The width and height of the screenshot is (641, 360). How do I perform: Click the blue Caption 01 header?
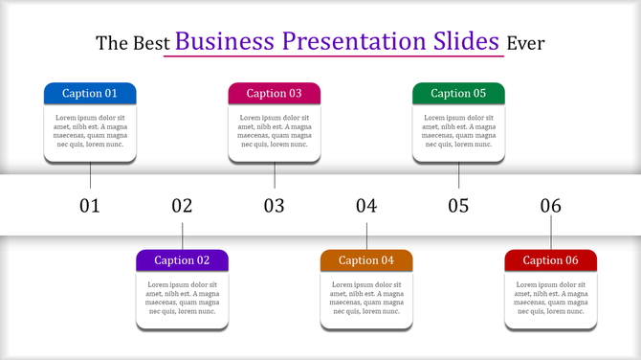[x=90, y=93]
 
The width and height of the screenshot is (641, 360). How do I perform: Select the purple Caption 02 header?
[x=182, y=259]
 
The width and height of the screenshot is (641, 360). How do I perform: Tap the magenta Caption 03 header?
[x=274, y=93]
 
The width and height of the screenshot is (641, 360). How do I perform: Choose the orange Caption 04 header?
[x=366, y=259]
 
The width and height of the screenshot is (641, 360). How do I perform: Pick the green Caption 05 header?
[x=458, y=93]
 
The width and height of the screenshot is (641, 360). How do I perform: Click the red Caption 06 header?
[x=550, y=259]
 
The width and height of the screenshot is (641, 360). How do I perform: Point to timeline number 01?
[x=90, y=205]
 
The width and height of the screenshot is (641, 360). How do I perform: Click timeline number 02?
[x=182, y=205]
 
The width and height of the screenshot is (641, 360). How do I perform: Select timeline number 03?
[x=275, y=205]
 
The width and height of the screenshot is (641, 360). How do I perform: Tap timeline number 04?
[x=366, y=205]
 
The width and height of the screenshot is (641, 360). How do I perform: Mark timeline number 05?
[x=458, y=205]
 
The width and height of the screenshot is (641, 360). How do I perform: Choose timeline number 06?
[x=550, y=205]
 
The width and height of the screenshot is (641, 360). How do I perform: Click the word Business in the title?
[x=226, y=41]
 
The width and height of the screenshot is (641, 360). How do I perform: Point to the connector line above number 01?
[x=90, y=175]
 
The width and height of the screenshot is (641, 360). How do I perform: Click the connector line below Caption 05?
[x=458, y=175]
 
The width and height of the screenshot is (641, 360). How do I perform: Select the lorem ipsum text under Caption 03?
[x=274, y=131]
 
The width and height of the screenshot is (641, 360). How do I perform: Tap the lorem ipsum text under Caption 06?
[x=550, y=298]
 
